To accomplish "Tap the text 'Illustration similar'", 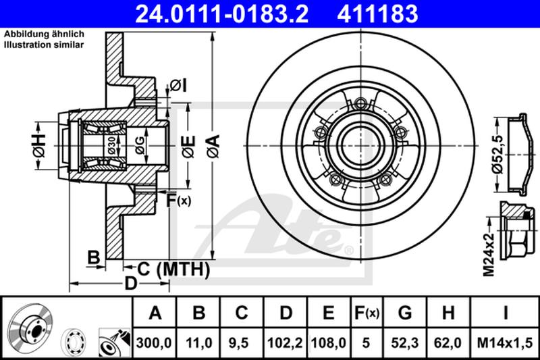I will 44,45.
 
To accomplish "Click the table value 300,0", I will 155,344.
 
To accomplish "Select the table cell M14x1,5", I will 506,344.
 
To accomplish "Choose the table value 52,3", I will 405,344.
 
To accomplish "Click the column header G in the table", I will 405,313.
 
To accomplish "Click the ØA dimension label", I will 211,146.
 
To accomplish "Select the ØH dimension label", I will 38,146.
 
